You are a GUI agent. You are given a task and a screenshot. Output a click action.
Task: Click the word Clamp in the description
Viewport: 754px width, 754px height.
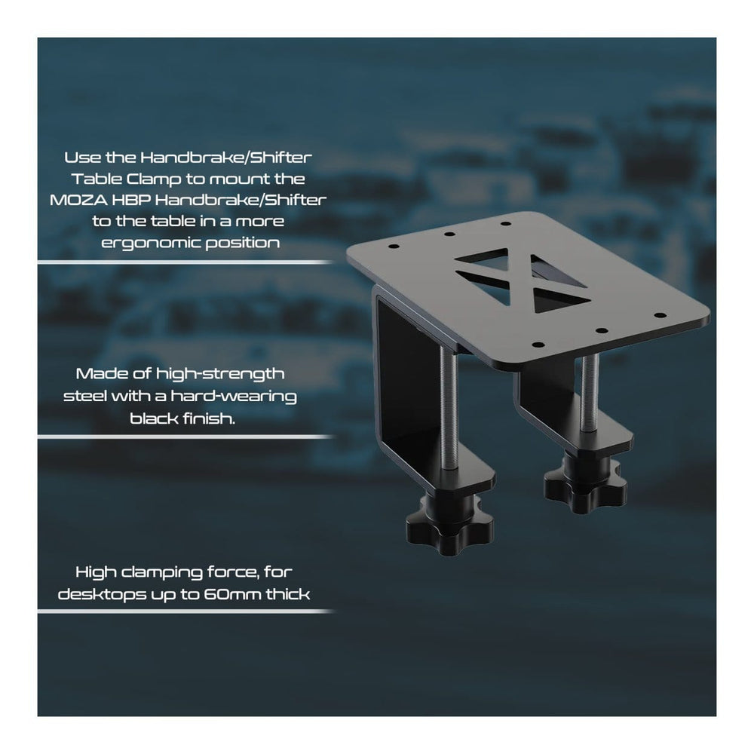coord(154,179)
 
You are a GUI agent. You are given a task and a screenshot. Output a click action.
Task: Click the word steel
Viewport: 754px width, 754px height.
coord(85,397)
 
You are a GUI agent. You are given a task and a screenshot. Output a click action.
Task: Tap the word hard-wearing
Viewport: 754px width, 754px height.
coord(234,397)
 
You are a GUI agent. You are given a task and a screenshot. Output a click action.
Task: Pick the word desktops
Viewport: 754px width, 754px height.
coord(102,596)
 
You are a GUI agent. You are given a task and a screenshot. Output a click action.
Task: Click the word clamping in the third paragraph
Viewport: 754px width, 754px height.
coord(162,573)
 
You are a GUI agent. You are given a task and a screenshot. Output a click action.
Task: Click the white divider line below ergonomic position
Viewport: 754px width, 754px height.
coord(185,262)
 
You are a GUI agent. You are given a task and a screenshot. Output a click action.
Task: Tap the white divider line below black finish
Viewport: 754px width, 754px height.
coord(185,437)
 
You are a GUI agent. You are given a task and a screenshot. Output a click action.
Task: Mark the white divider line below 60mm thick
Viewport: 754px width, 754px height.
coord(185,611)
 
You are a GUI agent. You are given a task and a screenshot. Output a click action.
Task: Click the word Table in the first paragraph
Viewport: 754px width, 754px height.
coord(97,179)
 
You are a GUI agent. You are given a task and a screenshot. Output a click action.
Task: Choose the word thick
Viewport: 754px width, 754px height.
coord(288,594)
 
